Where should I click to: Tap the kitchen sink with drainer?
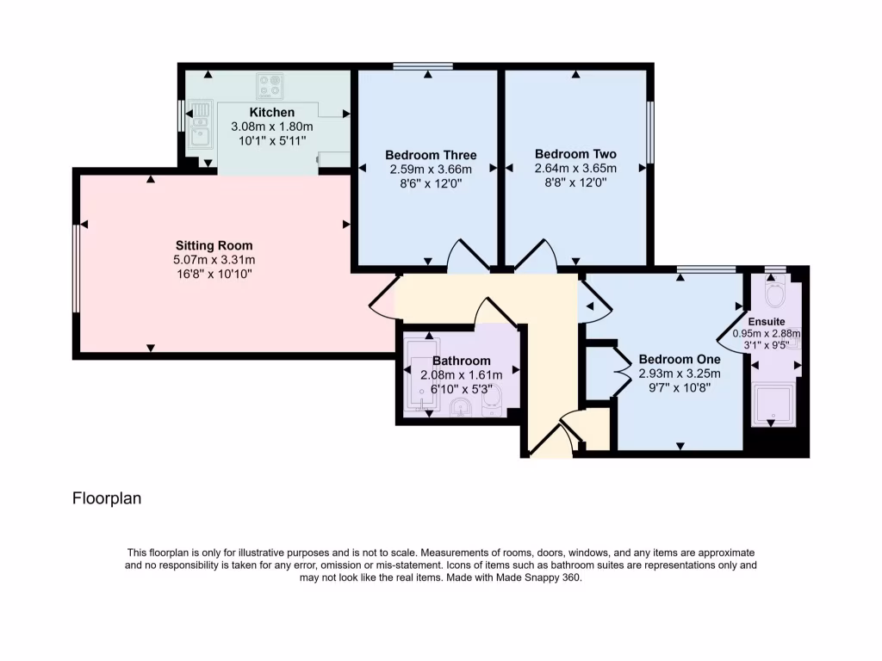click(200, 124)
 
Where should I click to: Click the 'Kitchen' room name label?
click(272, 113)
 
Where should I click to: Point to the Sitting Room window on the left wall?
click(77, 268)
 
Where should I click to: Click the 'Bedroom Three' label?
click(431, 155)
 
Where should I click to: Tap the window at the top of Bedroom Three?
click(423, 66)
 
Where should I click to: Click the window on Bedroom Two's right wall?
click(650, 132)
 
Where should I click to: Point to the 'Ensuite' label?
click(766, 321)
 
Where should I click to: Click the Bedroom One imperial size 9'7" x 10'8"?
click(679, 387)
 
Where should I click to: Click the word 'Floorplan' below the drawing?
click(106, 498)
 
